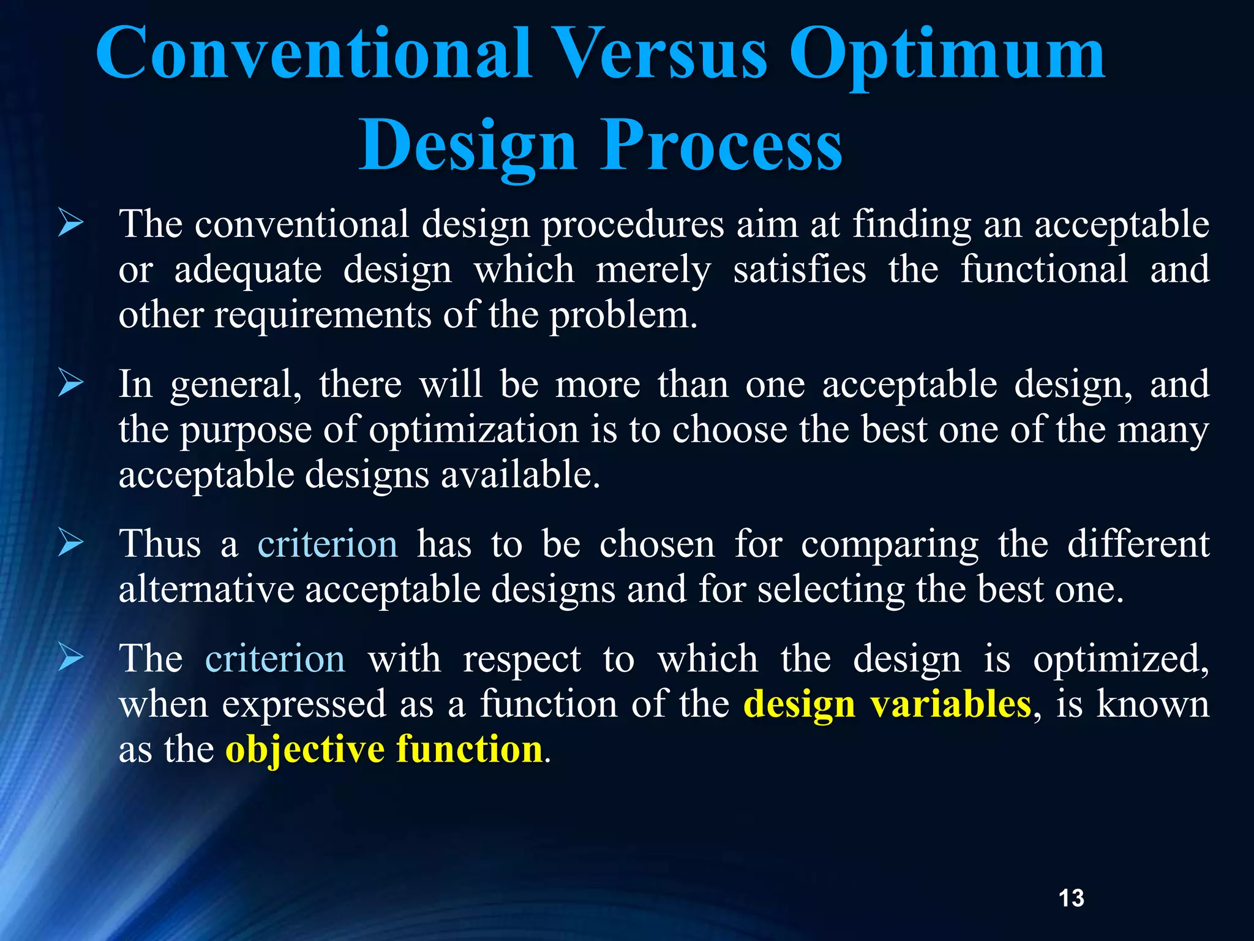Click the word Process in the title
tap(721, 147)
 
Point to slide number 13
tap(1071, 898)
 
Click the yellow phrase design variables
tap(887, 704)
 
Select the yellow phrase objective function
tap(384, 749)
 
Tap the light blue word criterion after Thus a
tap(328, 544)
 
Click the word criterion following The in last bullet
tap(275, 659)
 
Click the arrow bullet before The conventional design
tap(71, 223)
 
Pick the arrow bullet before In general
tap(71, 384)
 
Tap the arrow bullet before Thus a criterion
tap(71, 543)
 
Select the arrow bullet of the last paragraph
tap(71, 659)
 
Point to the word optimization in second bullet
tap(473, 430)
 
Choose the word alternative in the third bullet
tap(206, 589)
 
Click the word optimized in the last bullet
tap(1120, 660)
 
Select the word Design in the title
tap(468, 147)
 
